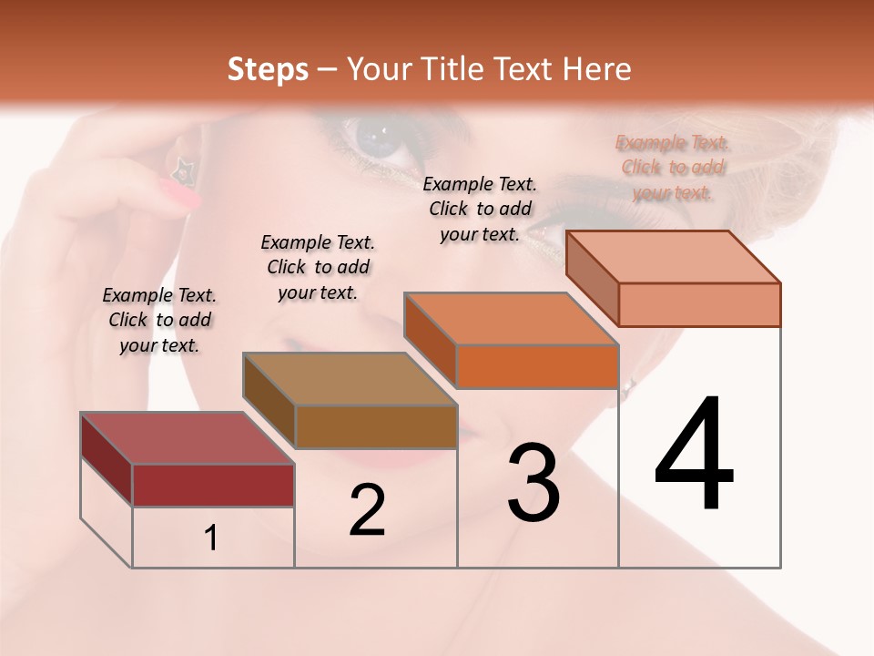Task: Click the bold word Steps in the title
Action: pos(268,69)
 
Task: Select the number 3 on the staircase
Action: pos(533,483)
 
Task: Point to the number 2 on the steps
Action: pos(367,510)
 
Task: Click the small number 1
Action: pos(211,538)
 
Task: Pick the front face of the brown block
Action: pos(376,426)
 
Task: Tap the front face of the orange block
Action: pos(537,366)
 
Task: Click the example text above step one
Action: pos(159,320)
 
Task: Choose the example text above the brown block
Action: pos(318,267)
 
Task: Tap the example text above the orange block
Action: pos(480,209)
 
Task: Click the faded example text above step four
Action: pos(673,167)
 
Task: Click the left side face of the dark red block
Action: pos(107,458)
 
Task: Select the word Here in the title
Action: pos(596,69)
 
